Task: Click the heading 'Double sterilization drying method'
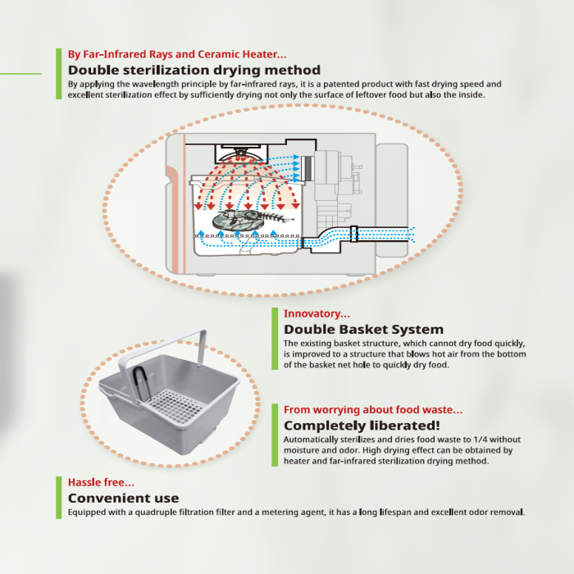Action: pyautogui.click(x=194, y=70)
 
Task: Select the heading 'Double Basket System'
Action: pyautogui.click(x=363, y=329)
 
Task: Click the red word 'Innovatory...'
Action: pyautogui.click(x=317, y=313)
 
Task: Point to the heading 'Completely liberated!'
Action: pyautogui.click(x=362, y=426)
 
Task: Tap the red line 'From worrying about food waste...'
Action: pyautogui.click(x=373, y=409)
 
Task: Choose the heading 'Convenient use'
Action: pyautogui.click(x=123, y=498)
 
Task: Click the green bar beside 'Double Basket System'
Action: pyautogui.click(x=275, y=338)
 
